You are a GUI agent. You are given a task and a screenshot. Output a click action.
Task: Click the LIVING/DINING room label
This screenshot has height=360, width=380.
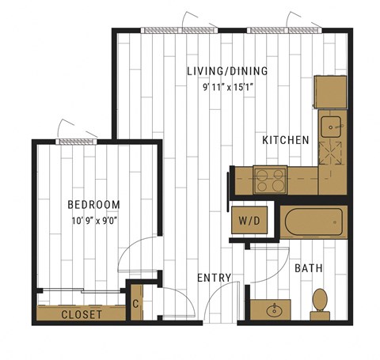click(227, 71)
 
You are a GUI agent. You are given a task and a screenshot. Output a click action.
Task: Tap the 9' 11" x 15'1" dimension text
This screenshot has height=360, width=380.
click(228, 87)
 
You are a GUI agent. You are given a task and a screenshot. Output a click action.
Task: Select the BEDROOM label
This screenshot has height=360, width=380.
click(94, 205)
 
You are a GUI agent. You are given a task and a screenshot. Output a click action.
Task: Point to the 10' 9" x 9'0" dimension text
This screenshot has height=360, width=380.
click(94, 221)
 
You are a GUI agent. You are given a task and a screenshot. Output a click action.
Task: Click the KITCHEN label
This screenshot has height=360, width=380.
click(286, 140)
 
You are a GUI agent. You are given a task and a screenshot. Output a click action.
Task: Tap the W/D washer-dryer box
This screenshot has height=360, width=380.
click(249, 220)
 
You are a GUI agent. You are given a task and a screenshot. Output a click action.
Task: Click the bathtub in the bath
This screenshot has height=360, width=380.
click(313, 222)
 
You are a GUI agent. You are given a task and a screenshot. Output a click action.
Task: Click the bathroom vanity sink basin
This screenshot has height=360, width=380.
click(275, 311)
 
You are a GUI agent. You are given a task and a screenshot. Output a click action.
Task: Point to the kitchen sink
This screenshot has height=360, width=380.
click(331, 127)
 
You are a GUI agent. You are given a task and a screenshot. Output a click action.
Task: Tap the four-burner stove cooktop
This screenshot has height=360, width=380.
click(270, 180)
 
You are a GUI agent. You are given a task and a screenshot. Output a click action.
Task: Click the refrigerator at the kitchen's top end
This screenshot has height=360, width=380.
click(330, 92)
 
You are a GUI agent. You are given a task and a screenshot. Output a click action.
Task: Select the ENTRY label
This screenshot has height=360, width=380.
click(215, 278)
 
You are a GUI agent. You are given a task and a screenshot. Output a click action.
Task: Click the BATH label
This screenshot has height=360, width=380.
click(309, 268)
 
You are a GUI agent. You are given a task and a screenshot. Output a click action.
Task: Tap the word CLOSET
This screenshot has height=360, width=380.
click(82, 314)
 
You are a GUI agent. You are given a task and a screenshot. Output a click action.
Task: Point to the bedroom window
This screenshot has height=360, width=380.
click(76, 142)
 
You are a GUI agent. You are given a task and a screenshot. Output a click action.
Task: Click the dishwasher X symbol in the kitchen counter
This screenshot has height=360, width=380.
click(330, 153)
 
